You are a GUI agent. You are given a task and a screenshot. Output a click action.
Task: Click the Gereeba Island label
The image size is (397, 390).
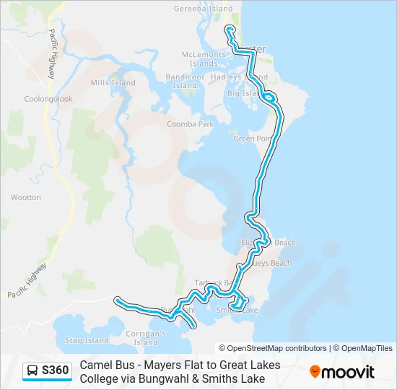click(203, 9)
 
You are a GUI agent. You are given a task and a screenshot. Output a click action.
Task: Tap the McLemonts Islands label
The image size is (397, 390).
click(203, 58)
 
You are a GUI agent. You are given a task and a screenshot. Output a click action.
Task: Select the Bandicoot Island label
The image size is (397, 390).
click(186, 81)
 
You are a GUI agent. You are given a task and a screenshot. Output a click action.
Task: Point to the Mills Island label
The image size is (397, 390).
click(113, 83)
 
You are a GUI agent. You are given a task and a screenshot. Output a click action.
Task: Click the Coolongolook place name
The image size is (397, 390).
click(48, 99)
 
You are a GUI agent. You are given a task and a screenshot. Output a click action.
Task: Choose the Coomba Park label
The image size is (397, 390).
click(191, 124)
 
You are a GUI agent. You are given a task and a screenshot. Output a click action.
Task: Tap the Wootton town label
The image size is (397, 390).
click(26, 197)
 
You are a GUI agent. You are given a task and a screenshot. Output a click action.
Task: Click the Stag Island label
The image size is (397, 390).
click(87, 340)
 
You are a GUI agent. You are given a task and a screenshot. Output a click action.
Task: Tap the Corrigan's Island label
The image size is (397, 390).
click(146, 338)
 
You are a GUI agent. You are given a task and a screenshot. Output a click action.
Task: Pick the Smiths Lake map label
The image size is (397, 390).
click(237, 310)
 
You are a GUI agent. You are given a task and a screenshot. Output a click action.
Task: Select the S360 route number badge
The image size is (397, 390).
click(55, 371)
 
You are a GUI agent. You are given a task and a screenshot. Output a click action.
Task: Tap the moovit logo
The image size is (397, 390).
click(342, 372)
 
